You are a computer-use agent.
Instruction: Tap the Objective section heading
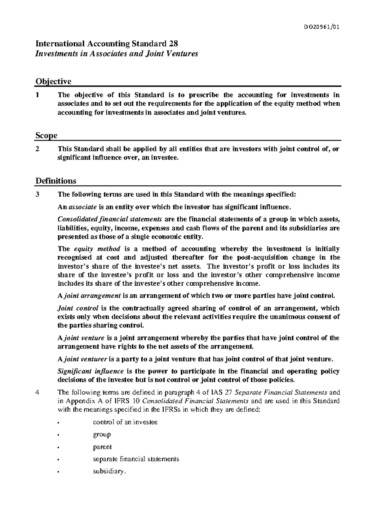pyautogui.click(x=53, y=81)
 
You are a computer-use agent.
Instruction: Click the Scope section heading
pyautogui.click(x=46, y=136)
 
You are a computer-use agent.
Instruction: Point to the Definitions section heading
pyautogui.click(x=56, y=181)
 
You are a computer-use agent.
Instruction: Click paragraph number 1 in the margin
pyautogui.click(x=37, y=95)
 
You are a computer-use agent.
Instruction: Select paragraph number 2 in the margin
pyautogui.click(x=38, y=149)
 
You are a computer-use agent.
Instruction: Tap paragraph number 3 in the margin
pyautogui.click(x=38, y=194)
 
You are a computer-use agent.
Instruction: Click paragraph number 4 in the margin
pyautogui.click(x=38, y=392)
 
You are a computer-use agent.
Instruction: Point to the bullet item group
pyautogui.click(x=102, y=435)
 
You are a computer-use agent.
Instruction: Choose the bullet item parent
pyautogui.click(x=102, y=447)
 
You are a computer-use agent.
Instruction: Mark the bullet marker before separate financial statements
pyautogui.click(x=58, y=459)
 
